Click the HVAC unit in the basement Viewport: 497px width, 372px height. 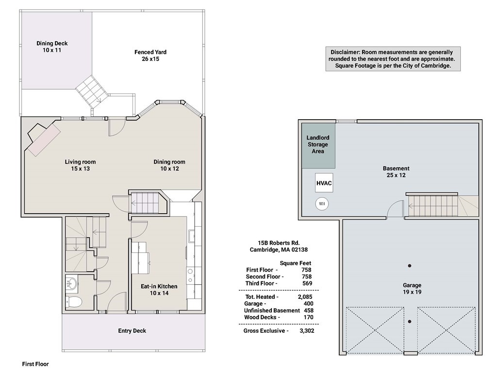tap(324, 183)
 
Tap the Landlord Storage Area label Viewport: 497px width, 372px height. tap(317, 144)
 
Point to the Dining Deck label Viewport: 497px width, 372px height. tap(52, 46)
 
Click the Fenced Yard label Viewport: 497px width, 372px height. tap(150, 55)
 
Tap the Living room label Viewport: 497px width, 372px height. tap(80, 165)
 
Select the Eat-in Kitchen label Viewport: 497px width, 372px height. tap(159, 290)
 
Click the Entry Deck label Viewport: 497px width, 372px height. tap(132, 330)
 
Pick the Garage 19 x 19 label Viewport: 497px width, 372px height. tap(412, 289)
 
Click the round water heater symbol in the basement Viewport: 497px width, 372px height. tap(322, 204)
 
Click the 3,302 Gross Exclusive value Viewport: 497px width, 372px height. tap(307, 330)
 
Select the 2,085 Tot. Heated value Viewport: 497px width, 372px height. tap(305, 297)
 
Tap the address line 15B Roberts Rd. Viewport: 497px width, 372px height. tap(279, 243)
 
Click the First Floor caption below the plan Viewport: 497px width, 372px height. tap(35, 364)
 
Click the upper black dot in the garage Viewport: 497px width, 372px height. tap(410, 266)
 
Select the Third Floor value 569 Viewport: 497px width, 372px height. tap(307, 283)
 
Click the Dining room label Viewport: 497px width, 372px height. tap(169, 165)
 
